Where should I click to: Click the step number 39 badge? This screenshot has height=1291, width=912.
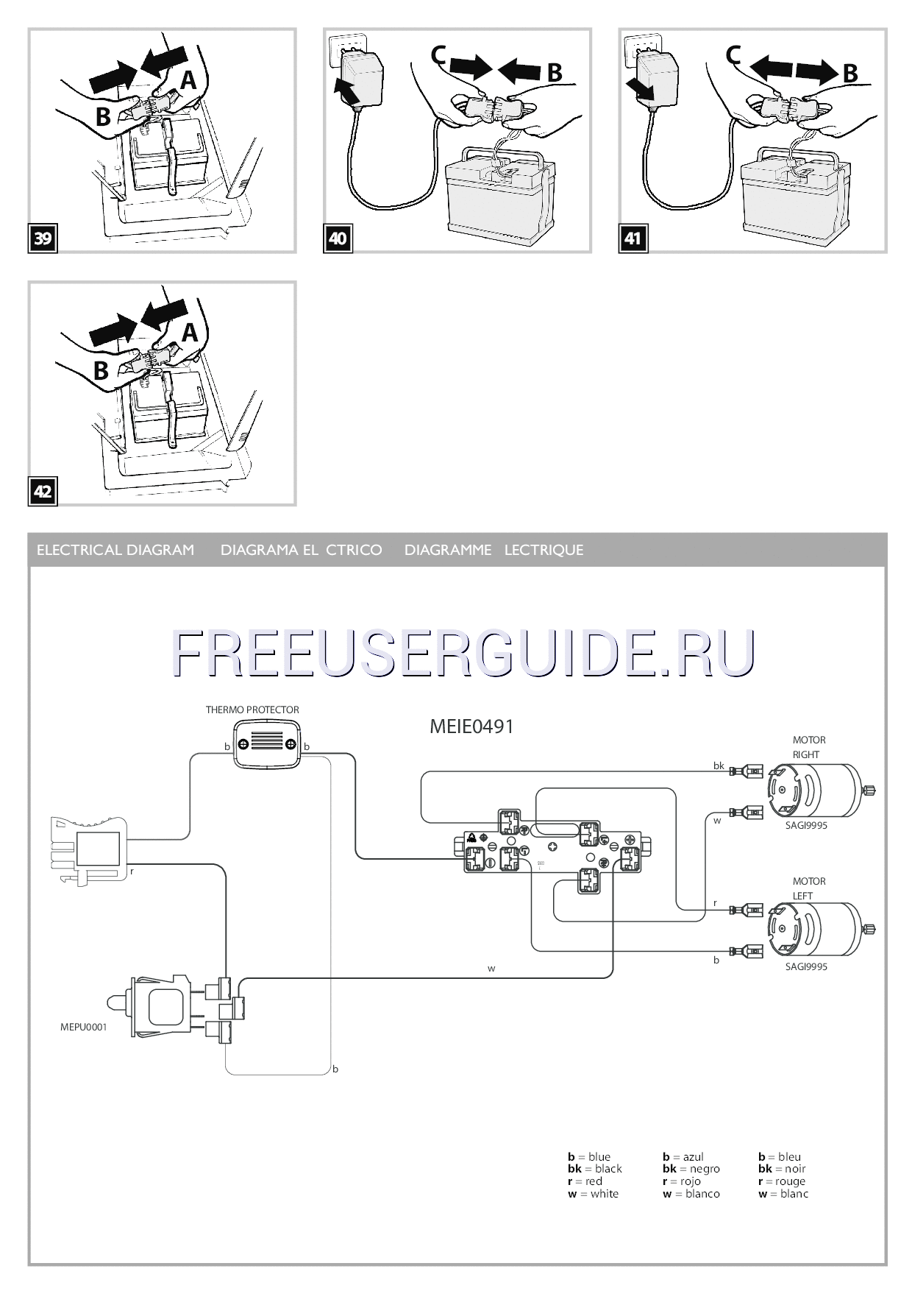pos(43,238)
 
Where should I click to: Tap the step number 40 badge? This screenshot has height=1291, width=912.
pos(338,238)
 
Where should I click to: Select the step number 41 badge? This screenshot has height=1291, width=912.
pos(633,238)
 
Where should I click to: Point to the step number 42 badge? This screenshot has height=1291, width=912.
pos(43,491)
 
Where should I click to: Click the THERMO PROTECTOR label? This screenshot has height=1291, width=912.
pos(252,710)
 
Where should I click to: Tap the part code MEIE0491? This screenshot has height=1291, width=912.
pos(471,726)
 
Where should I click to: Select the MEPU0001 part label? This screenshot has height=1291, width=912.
pos(83,1027)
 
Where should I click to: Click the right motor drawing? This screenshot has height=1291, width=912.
pos(816,790)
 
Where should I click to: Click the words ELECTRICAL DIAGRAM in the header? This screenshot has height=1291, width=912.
pos(115,550)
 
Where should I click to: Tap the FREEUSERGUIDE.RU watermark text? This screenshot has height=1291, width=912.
pos(463,652)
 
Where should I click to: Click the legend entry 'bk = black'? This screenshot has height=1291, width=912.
pos(594,1168)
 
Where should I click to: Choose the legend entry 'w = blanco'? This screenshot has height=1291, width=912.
pos(691,1193)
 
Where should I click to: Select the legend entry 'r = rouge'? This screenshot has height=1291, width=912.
pos(781,1181)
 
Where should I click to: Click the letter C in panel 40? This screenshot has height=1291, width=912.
pos(439,55)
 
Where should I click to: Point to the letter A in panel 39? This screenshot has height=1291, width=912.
pos(189,79)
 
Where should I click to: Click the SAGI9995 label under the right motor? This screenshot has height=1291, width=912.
pos(806,825)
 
